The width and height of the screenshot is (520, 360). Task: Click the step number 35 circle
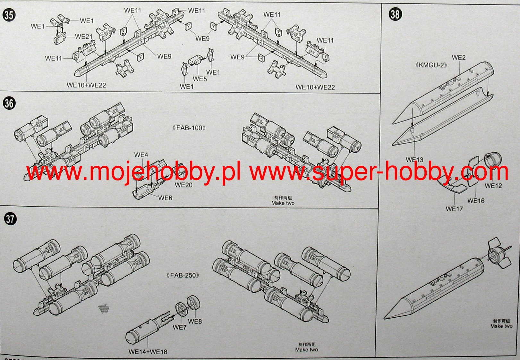(9, 15)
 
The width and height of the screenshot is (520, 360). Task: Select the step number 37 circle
(10, 219)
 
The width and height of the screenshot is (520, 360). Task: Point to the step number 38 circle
(395, 14)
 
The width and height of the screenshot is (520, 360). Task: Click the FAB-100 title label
(189, 128)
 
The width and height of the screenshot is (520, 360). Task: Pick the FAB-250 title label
(183, 275)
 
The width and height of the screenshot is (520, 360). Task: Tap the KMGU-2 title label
(431, 65)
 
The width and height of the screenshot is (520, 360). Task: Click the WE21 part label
(83, 37)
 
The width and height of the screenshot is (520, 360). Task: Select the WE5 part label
(200, 79)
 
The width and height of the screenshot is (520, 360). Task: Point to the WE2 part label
(458, 58)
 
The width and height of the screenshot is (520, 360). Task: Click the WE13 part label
(414, 160)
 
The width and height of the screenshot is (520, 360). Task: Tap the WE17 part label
(454, 209)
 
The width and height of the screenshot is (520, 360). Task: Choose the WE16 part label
(476, 201)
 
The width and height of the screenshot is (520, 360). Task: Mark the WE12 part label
(493, 186)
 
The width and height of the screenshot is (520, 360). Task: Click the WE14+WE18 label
(148, 352)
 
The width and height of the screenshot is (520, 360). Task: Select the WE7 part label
(179, 327)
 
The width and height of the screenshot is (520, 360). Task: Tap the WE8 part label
(195, 321)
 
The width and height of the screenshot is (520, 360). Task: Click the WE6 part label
(165, 198)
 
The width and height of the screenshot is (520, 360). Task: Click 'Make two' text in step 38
(501, 326)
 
